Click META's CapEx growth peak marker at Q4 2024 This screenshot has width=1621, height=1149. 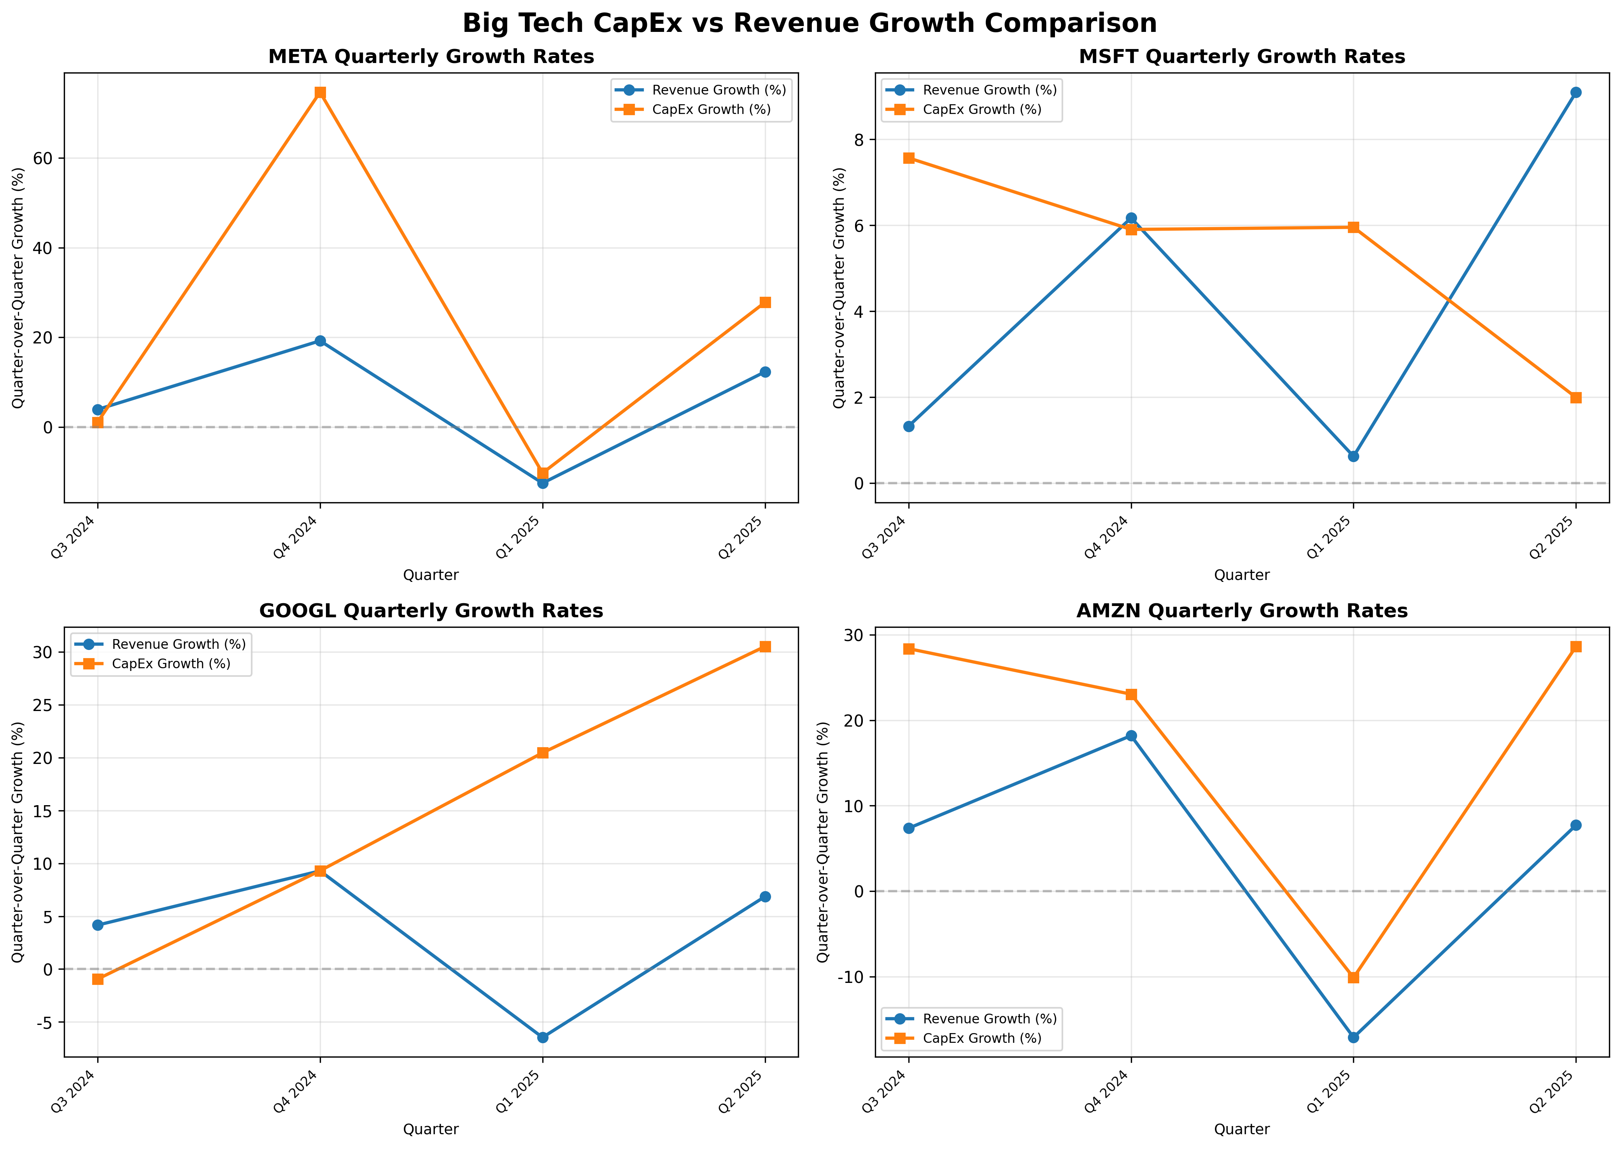pyautogui.click(x=320, y=93)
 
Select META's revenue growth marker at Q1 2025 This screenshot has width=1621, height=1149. pyautogui.click(x=543, y=483)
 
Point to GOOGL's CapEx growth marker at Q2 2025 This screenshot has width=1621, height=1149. pyautogui.click(x=765, y=647)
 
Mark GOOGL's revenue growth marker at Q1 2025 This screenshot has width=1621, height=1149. pyautogui.click(x=543, y=1037)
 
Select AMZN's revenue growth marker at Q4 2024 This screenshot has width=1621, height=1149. pyautogui.click(x=1131, y=736)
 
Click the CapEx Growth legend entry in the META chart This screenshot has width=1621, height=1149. pyautogui.click(x=711, y=110)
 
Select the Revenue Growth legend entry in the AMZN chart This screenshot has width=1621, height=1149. pyautogui.click(x=989, y=1019)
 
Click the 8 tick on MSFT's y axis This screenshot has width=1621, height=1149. pyautogui.click(x=859, y=139)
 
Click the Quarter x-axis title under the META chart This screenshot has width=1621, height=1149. pyautogui.click(x=431, y=575)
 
